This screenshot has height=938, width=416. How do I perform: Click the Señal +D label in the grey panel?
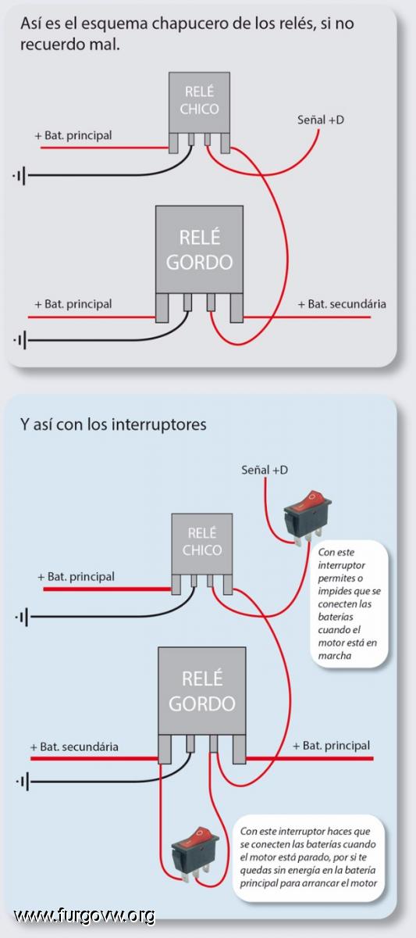(x=321, y=120)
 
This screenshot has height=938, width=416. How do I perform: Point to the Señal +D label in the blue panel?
(x=265, y=470)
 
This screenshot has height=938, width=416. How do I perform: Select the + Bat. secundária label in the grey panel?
(x=342, y=304)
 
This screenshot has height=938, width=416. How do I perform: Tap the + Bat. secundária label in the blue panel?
(x=74, y=746)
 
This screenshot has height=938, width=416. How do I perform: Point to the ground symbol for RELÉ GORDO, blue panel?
(x=22, y=782)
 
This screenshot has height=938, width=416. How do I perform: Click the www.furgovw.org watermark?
(x=84, y=915)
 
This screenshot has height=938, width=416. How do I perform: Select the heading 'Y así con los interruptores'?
(x=113, y=424)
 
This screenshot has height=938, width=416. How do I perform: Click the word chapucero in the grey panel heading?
(x=190, y=24)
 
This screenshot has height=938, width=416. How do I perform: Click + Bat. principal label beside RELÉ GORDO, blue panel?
(x=331, y=746)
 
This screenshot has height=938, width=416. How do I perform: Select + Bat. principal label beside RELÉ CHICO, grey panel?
(x=73, y=136)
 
